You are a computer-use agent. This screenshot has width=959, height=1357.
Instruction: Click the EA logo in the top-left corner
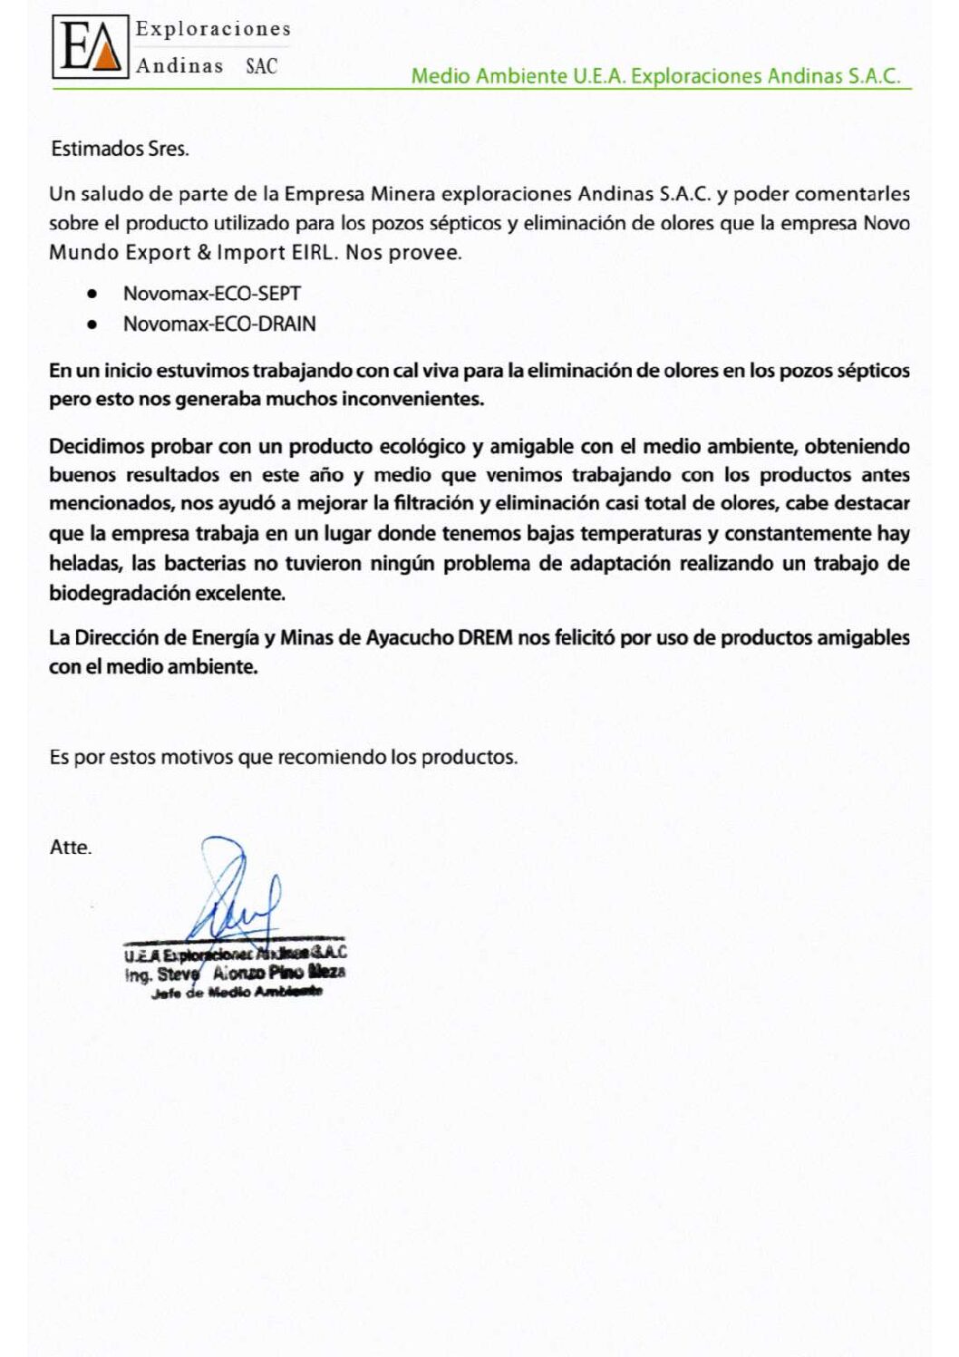(x=91, y=48)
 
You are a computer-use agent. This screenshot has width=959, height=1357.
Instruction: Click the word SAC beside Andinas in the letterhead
(x=261, y=66)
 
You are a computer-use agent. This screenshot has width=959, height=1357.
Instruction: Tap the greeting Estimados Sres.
(x=120, y=149)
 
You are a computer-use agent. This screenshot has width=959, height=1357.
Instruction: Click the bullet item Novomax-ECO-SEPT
(x=212, y=294)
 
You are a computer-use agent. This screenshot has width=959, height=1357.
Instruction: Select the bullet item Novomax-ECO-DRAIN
(x=219, y=324)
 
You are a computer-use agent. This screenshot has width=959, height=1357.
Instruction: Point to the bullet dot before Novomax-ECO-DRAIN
(x=92, y=324)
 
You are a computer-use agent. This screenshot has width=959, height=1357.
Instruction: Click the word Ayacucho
(x=410, y=637)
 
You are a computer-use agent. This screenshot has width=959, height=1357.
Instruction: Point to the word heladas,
(x=85, y=564)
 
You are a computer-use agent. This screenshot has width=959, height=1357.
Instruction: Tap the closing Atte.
(x=71, y=848)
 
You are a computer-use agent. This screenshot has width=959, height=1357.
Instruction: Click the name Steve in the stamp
(x=178, y=974)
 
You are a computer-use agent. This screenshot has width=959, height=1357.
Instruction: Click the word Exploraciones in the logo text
(x=213, y=29)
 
